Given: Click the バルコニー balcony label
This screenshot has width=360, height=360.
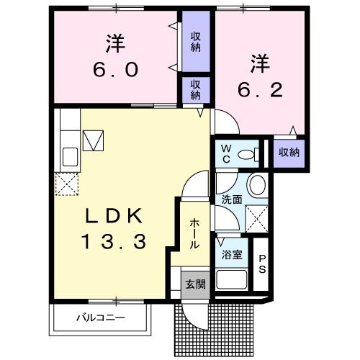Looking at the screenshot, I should tap(100, 317).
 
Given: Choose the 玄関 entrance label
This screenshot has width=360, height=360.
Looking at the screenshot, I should tap(194, 284).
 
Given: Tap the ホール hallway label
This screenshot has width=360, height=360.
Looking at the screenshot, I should tap(194, 235).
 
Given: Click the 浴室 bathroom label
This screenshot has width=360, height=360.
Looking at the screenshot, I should tap(231, 255).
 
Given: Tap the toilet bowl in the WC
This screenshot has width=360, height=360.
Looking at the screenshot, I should tap(249, 153).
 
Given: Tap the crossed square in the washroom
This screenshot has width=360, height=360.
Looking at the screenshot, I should tap(256, 217).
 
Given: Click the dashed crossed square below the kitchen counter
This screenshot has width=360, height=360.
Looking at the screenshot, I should tap(67, 184).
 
